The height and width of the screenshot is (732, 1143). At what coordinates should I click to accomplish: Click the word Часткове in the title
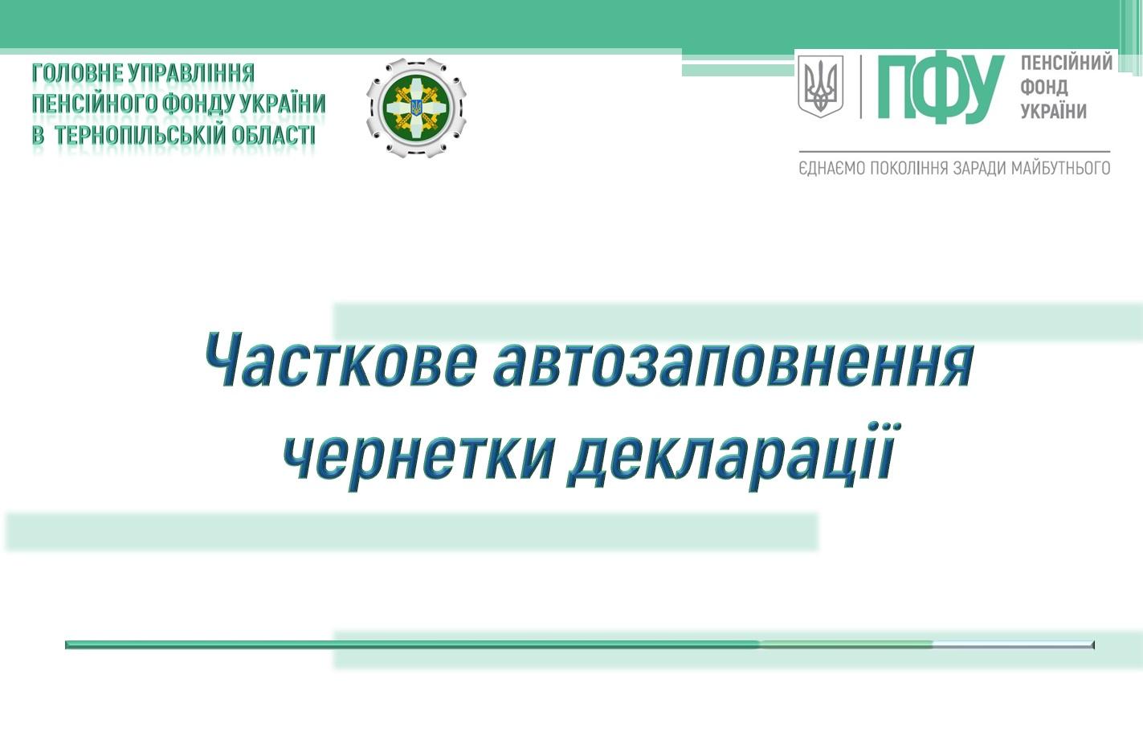[x=341, y=360]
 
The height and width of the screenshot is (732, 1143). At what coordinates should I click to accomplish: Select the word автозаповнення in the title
[x=734, y=360]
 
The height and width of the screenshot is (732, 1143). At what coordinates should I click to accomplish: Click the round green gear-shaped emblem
[x=416, y=107]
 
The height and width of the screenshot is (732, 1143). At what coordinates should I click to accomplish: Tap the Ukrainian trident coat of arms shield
[x=821, y=87]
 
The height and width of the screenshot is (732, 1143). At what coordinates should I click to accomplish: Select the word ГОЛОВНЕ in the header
[x=77, y=73]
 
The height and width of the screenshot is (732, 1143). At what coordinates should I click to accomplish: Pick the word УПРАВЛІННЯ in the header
[x=191, y=73]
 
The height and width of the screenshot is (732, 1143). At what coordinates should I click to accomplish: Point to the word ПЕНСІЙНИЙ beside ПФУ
[x=1066, y=63]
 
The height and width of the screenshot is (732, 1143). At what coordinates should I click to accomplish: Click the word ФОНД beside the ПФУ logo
[x=1043, y=87]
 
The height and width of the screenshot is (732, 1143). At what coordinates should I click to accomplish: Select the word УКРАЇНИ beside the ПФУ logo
[x=1053, y=110]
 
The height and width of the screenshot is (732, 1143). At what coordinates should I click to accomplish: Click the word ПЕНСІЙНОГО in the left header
[x=95, y=104]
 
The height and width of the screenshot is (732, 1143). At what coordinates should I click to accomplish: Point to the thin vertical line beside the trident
[x=861, y=87]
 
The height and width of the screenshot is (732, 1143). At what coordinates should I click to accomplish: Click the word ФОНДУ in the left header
[x=198, y=104]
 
